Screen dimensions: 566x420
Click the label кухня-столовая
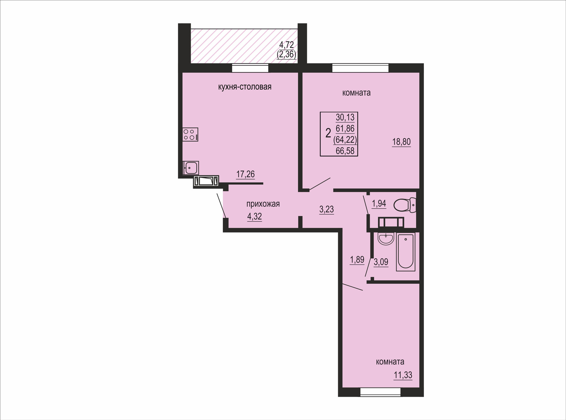[245, 87]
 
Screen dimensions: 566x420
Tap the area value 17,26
[246, 174]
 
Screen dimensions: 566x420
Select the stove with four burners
[190, 134]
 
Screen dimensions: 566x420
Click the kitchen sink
[191, 168]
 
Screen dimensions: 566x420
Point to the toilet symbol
[404, 205]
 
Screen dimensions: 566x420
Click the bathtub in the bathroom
[406, 252]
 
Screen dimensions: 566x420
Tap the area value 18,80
[401, 142]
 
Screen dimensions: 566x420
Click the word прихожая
[263, 204]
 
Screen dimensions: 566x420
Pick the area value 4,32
[254, 217]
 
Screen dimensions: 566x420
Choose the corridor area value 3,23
[327, 209]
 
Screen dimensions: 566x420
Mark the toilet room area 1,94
[379, 203]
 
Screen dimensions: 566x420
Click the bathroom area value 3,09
[381, 262]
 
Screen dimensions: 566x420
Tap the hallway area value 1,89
[357, 260]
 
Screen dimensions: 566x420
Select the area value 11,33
[403, 375]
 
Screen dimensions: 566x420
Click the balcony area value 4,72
[287, 45]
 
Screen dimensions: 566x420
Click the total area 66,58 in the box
[345, 151]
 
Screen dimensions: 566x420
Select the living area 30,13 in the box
[345, 117]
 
